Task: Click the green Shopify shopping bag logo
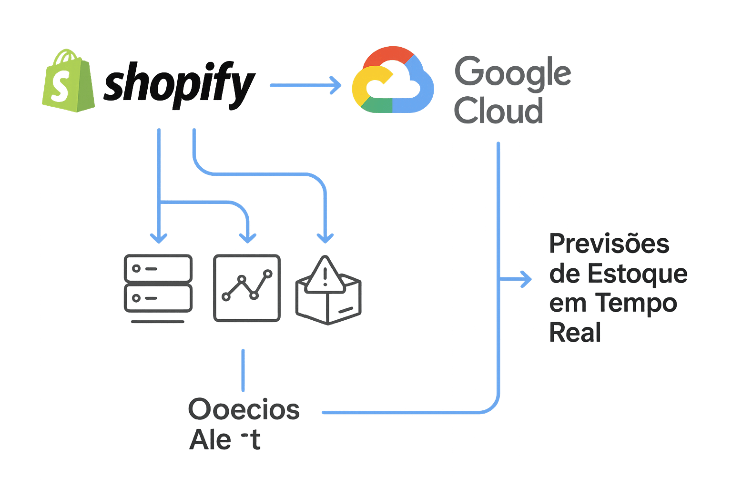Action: (x=68, y=82)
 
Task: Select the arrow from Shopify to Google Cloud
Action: (x=305, y=85)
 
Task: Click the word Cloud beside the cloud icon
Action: (x=498, y=111)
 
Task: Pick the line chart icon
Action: (x=247, y=288)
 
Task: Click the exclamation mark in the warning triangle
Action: (x=325, y=277)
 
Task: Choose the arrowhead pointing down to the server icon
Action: (x=159, y=237)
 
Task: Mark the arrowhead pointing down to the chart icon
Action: (x=247, y=237)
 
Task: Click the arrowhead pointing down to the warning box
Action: (x=325, y=237)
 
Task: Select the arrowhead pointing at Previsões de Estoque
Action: (x=526, y=279)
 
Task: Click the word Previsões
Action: (x=609, y=244)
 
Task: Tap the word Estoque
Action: (x=637, y=274)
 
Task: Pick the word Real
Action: (x=575, y=333)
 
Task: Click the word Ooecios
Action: (x=244, y=409)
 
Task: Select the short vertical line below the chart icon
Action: (x=243, y=370)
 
